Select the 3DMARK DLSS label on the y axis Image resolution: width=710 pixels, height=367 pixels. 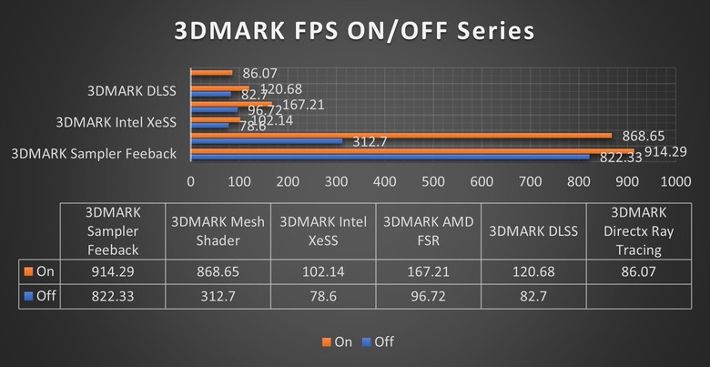[x=131, y=90]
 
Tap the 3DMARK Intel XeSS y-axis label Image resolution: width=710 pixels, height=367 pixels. [x=116, y=121]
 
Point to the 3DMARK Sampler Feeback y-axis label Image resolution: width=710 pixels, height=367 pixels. [x=93, y=153]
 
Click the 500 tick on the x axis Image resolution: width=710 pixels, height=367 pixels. [x=432, y=181]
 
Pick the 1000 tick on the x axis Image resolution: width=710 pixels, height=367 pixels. [x=674, y=181]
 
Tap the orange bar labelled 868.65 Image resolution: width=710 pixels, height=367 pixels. [x=401, y=135]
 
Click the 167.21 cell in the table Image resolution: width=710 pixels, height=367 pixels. [x=431, y=272]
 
